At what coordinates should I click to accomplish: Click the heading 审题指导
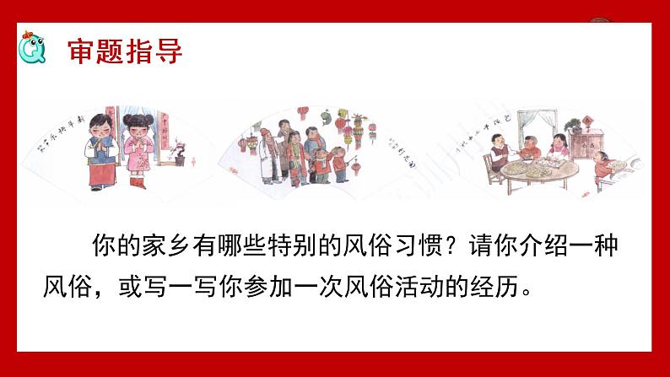pos(124,49)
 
